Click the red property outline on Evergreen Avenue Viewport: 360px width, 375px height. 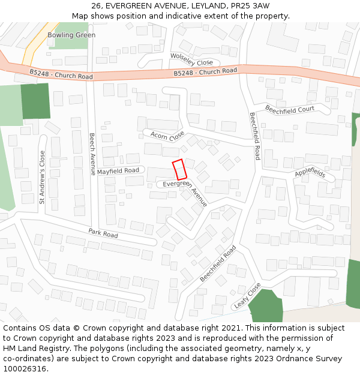[x=179, y=170]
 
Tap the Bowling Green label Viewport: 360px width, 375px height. [x=71, y=35]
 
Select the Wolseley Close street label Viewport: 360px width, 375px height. [x=192, y=59]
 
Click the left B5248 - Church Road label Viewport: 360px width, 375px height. [x=61, y=74]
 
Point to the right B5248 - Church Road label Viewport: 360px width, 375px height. [x=205, y=72]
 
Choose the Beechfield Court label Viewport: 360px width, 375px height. [x=290, y=110]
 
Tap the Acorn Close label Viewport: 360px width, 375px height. [x=167, y=136]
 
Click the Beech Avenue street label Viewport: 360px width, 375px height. [x=92, y=154]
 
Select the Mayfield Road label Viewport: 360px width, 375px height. [x=118, y=171]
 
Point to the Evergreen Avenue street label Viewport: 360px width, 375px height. [x=185, y=193]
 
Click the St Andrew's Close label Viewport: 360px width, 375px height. [x=42, y=177]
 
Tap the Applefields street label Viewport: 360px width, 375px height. [x=310, y=173]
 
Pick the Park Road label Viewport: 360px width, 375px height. [x=103, y=233]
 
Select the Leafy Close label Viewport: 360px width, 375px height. [x=247, y=295]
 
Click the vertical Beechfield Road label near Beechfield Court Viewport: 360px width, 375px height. [x=254, y=136]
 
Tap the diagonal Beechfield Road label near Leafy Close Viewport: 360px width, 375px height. [x=218, y=264]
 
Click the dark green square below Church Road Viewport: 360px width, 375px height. [x=35, y=101]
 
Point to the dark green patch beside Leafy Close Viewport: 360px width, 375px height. [x=265, y=307]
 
